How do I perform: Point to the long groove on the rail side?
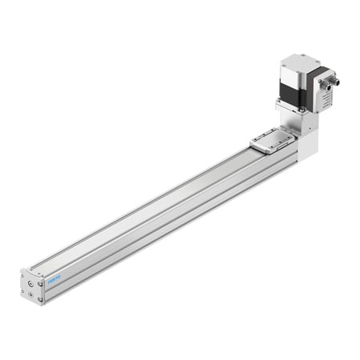(x=160, y=220)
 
